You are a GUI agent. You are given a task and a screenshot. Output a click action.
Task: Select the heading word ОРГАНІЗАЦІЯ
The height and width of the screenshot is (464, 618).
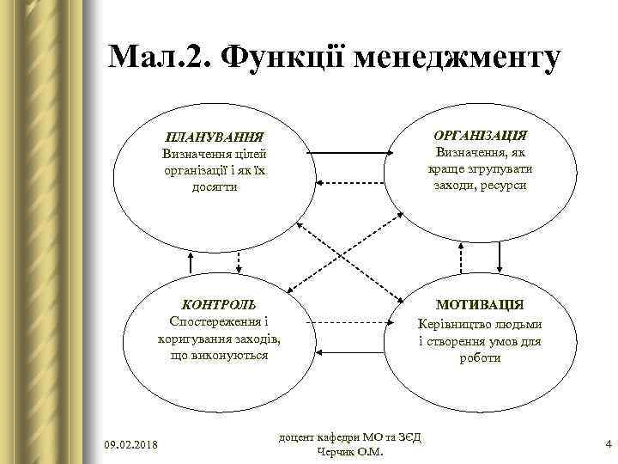pyautogui.click(x=480, y=136)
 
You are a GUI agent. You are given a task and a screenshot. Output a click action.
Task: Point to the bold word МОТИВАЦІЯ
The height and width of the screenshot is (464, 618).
pyautogui.click(x=480, y=305)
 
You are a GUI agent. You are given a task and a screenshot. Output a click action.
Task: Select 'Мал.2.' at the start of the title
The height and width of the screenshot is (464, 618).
pyautogui.click(x=158, y=58)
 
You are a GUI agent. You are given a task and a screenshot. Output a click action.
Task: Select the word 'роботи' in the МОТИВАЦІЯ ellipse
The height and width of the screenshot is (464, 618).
pyautogui.click(x=480, y=357)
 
